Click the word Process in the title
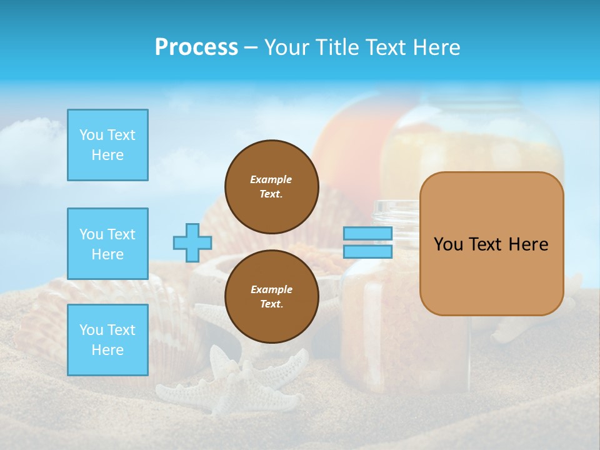196,47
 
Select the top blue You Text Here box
107,145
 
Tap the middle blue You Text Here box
107,244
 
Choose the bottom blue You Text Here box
107,340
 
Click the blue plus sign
192,242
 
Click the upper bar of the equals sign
367,233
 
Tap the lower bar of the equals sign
367,252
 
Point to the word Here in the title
437,47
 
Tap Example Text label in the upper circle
271,186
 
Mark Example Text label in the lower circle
271,297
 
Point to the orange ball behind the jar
350,150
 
